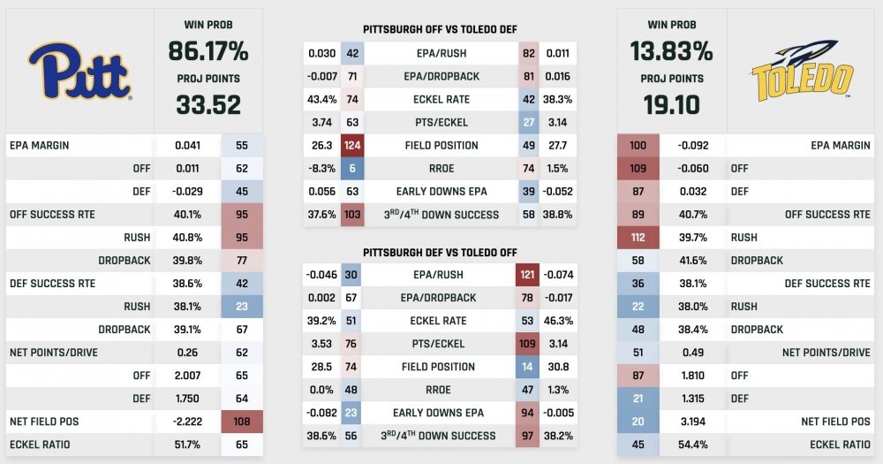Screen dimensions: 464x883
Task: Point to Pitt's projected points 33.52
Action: tap(208, 105)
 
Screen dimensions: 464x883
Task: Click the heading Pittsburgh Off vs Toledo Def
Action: tap(440, 29)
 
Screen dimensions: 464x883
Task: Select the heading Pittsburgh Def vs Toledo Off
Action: tap(440, 253)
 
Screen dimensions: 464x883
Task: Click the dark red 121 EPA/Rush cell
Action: tap(528, 275)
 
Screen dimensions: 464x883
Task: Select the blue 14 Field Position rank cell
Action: tap(528, 367)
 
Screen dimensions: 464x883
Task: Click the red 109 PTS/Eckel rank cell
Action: tap(528, 344)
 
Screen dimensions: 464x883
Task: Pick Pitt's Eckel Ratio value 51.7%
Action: tap(189, 444)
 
